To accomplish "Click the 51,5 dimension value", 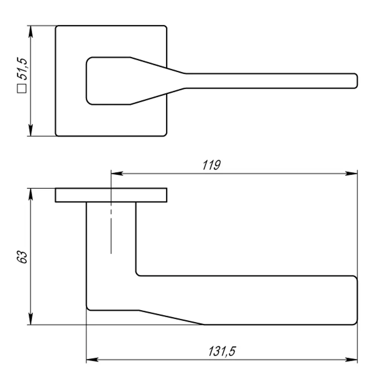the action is pos(22,68).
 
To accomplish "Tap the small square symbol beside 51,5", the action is pos(21,88).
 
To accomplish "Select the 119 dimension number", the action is pos(211,165).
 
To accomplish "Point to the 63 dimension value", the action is pos(22,257).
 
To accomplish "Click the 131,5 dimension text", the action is pos(222,351).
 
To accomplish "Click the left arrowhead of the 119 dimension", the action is pos(117,173).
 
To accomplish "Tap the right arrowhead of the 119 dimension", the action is pos(351,173).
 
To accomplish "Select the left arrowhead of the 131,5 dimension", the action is pos(92,360).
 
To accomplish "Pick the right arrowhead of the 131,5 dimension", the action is pos(351,360).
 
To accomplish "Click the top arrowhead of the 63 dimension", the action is pos(30,194).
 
